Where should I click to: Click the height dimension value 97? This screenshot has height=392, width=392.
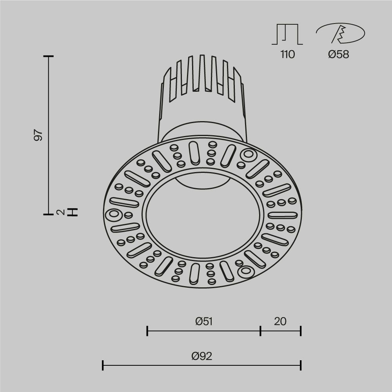38,135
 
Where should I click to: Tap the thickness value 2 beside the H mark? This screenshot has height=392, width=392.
60,212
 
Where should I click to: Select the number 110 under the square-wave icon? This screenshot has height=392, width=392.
287,54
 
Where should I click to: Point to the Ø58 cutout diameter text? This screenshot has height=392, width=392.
338,54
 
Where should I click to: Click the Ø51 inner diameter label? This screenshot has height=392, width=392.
204,322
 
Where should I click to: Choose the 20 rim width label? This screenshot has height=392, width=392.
280,322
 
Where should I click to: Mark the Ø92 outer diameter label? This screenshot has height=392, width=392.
202,356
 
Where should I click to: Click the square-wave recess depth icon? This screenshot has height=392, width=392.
287,34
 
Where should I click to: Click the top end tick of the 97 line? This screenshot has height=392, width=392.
48,57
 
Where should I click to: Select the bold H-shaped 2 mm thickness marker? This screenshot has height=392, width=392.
73,212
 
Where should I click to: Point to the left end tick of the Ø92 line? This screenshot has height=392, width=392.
103,365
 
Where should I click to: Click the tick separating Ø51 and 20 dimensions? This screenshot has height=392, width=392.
261,331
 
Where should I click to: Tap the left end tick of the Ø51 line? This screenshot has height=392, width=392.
147,331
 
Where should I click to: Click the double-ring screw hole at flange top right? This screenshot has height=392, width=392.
248,155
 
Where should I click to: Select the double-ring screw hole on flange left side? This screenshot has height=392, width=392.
113,214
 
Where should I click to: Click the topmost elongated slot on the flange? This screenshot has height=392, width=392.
194,152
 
